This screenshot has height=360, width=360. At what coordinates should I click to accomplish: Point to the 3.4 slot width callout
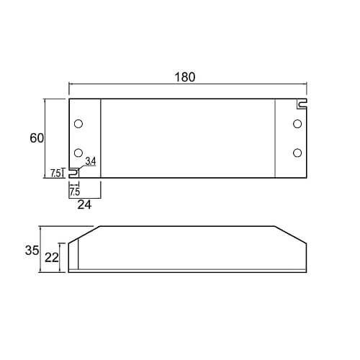coord(91,161)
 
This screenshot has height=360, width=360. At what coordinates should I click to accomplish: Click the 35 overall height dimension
coord(32,251)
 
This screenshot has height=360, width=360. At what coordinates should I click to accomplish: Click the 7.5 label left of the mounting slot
coord(55,174)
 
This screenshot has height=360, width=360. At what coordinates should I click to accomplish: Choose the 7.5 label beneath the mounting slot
coord(74,192)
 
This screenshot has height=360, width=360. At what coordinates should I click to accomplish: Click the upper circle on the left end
coord(78,123)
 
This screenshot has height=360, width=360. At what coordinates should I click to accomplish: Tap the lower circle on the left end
coord(78,152)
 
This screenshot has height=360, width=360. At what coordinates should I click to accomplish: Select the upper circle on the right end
coord(297,124)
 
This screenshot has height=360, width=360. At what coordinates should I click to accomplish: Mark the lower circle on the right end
coord(297,152)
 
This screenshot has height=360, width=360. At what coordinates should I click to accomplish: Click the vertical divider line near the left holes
coord(101,138)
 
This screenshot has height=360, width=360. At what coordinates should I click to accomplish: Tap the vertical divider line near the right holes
coord(276,138)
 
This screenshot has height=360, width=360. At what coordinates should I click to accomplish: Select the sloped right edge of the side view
coord(292,235)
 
